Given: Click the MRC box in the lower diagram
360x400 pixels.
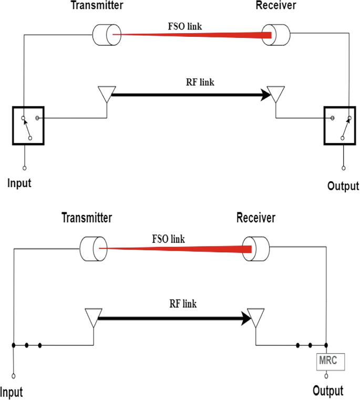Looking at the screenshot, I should click(330, 362).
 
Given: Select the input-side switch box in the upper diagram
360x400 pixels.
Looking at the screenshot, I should click(28, 125).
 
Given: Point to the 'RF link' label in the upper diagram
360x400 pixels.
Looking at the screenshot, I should click(200, 82).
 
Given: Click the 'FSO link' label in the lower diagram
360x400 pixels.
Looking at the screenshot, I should click(168, 239).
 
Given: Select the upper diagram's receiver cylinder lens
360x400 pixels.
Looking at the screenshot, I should click(277, 35).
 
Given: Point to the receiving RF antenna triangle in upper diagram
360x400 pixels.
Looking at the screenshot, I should click(276, 95).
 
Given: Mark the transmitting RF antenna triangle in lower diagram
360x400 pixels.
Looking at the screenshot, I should click(92, 317).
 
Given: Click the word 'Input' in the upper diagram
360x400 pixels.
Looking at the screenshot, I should click(19, 183).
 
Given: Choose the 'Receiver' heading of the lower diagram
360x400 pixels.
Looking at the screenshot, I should click(256, 217).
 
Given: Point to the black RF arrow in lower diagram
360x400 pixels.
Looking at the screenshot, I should click(173, 317).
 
